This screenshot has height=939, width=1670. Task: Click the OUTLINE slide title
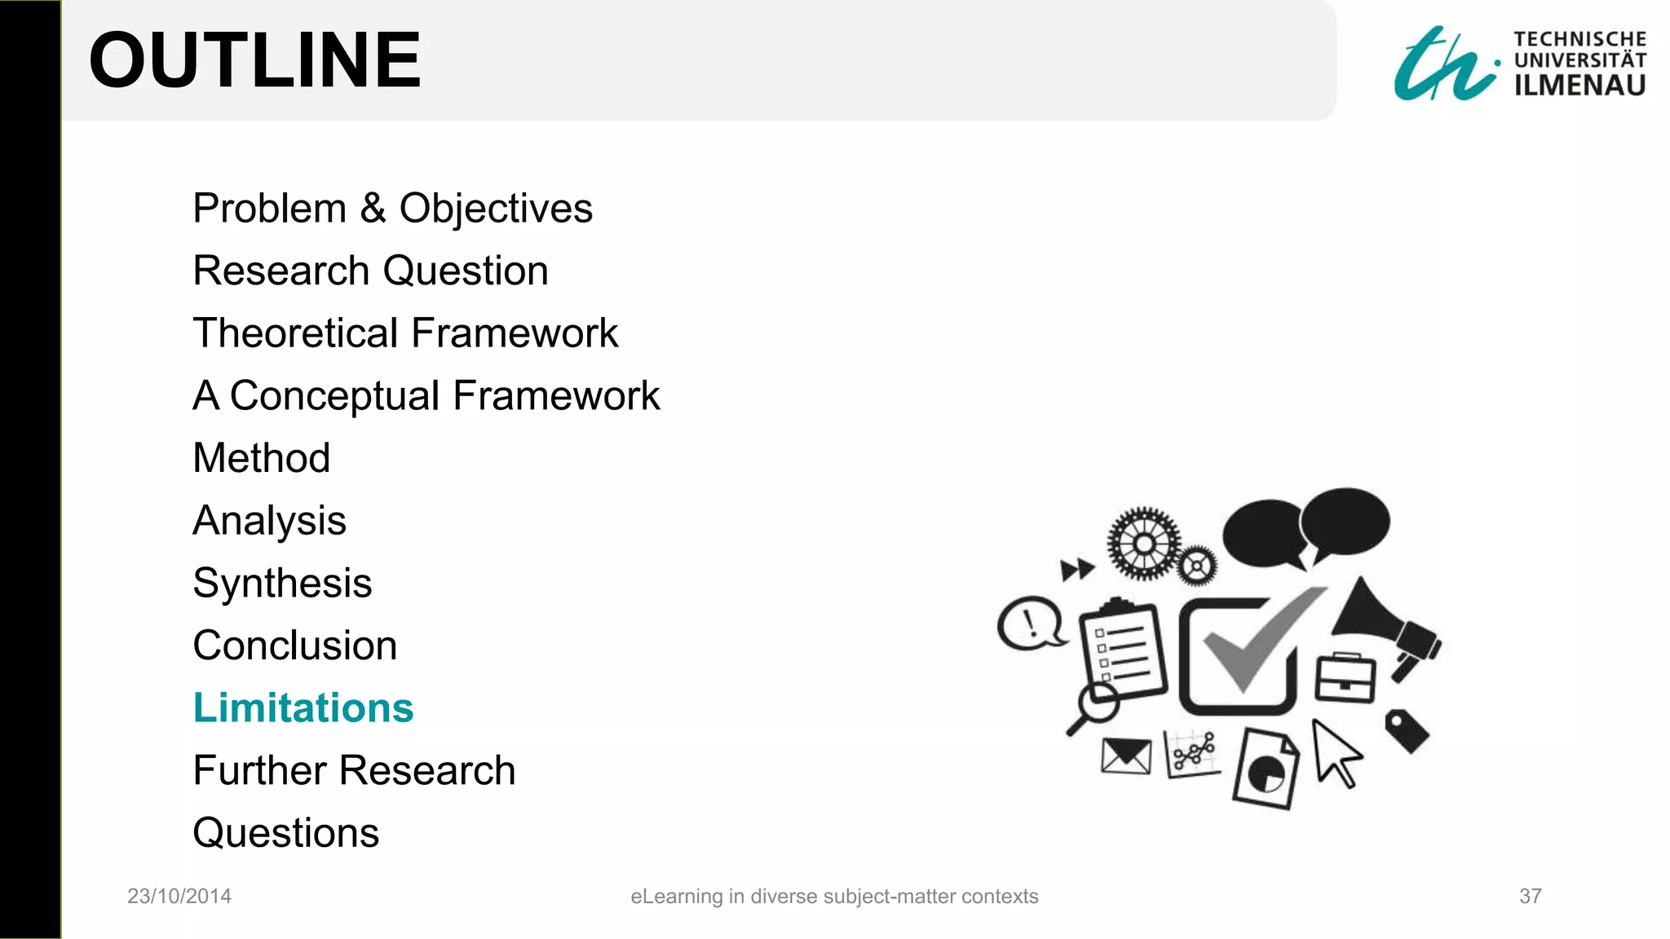pos(254,60)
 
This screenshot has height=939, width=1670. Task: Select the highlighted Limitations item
pos(303,708)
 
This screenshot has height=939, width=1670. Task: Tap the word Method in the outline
pos(261,458)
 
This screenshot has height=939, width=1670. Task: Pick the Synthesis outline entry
pos(282,584)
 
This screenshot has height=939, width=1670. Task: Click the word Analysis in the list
pos(269,521)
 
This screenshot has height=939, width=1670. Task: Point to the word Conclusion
pos(294,646)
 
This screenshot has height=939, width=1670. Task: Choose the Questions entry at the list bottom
pos(285,833)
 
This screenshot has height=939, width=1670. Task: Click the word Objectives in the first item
pos(496,209)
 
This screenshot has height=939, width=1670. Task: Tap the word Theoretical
pos(296,333)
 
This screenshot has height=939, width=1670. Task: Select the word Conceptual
pos(334,396)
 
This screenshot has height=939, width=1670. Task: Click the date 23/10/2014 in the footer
pos(179,897)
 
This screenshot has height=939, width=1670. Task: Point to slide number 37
pos(1530,897)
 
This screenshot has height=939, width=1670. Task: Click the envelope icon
pos(1125,756)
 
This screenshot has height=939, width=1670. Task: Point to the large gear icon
pos(1144,543)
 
